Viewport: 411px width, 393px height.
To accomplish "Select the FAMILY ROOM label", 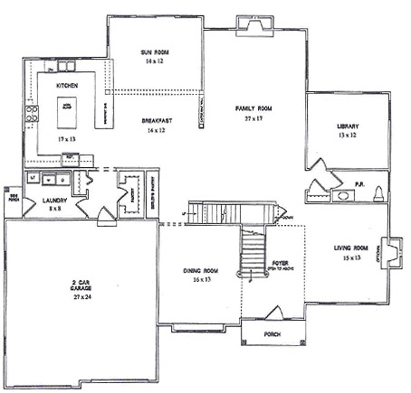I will coord(253,108).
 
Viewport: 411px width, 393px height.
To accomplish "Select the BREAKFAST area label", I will coord(157,121).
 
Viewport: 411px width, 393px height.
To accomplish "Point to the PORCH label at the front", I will coord(272,334).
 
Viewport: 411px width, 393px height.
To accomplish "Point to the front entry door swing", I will coord(274,313).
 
